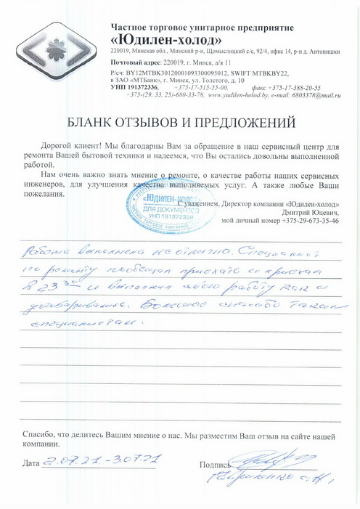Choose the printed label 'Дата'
click(31, 463)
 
